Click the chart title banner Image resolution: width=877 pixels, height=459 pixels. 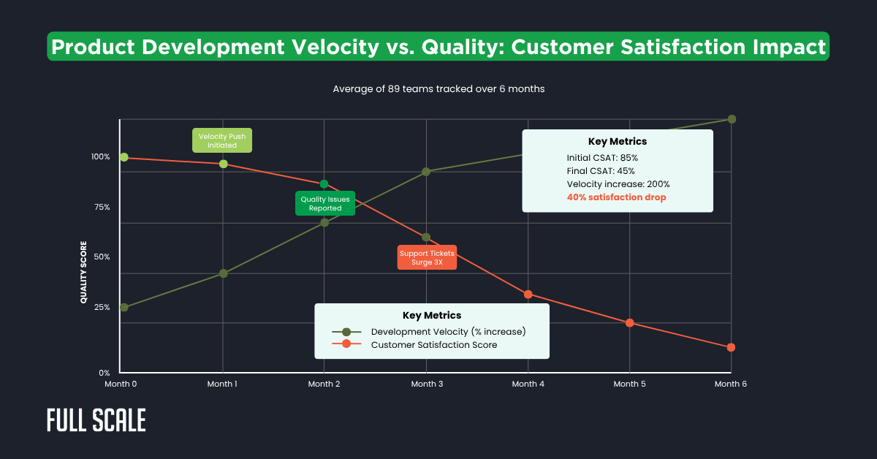point(438,47)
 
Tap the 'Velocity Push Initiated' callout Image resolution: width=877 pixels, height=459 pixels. point(221,140)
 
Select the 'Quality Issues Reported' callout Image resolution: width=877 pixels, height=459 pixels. point(324,203)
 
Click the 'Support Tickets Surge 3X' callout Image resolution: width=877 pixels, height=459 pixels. point(427,257)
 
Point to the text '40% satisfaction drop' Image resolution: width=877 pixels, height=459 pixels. point(616,197)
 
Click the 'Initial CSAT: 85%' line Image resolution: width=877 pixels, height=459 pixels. point(602,157)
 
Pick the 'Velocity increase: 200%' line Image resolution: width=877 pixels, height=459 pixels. point(618,184)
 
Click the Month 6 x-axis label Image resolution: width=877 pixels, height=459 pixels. point(730,384)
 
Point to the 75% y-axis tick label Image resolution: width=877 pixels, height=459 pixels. point(99,207)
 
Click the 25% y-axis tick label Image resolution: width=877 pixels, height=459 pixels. point(99,307)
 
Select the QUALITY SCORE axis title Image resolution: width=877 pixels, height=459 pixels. point(83,272)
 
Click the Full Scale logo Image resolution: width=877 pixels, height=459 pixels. point(96,420)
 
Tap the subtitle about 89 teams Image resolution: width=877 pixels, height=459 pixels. point(438,88)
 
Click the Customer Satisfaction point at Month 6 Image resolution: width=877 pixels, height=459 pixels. point(731,347)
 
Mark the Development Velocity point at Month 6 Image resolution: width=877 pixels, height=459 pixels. point(731,119)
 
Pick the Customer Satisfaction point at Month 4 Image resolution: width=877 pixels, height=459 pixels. point(528,294)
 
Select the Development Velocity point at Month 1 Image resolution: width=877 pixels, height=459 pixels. point(224,273)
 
